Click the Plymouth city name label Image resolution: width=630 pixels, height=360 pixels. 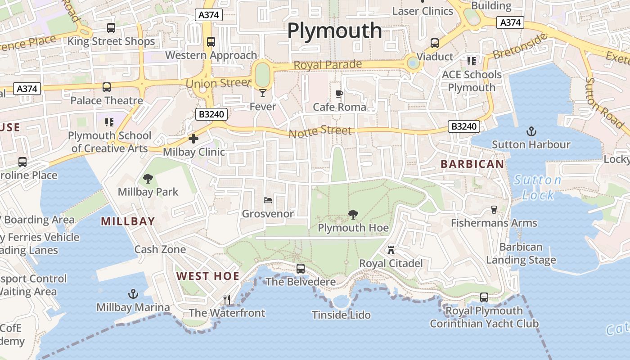334,31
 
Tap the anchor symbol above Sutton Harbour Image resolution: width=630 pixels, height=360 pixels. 531,132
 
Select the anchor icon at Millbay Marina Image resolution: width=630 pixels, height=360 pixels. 133,294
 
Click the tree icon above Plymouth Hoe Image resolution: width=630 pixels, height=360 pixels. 353,215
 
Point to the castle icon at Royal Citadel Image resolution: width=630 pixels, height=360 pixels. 391,250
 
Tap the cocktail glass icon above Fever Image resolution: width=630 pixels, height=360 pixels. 263,93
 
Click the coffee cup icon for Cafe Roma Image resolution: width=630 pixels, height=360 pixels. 339,94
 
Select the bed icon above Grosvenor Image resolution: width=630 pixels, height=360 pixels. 268,200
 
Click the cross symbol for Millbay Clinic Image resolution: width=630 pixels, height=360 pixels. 193,139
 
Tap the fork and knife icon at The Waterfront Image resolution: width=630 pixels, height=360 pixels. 227,299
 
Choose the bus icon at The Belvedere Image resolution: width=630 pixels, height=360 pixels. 301,269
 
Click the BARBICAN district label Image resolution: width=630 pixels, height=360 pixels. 472,164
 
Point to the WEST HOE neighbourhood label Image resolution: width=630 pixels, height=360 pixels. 207,276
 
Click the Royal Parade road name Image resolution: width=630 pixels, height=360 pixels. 328,65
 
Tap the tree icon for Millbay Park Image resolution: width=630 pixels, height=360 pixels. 148,179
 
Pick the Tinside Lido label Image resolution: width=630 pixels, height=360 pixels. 341,315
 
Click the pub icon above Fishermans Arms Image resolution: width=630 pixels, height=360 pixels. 494,210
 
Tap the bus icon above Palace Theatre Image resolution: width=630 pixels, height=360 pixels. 107,87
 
